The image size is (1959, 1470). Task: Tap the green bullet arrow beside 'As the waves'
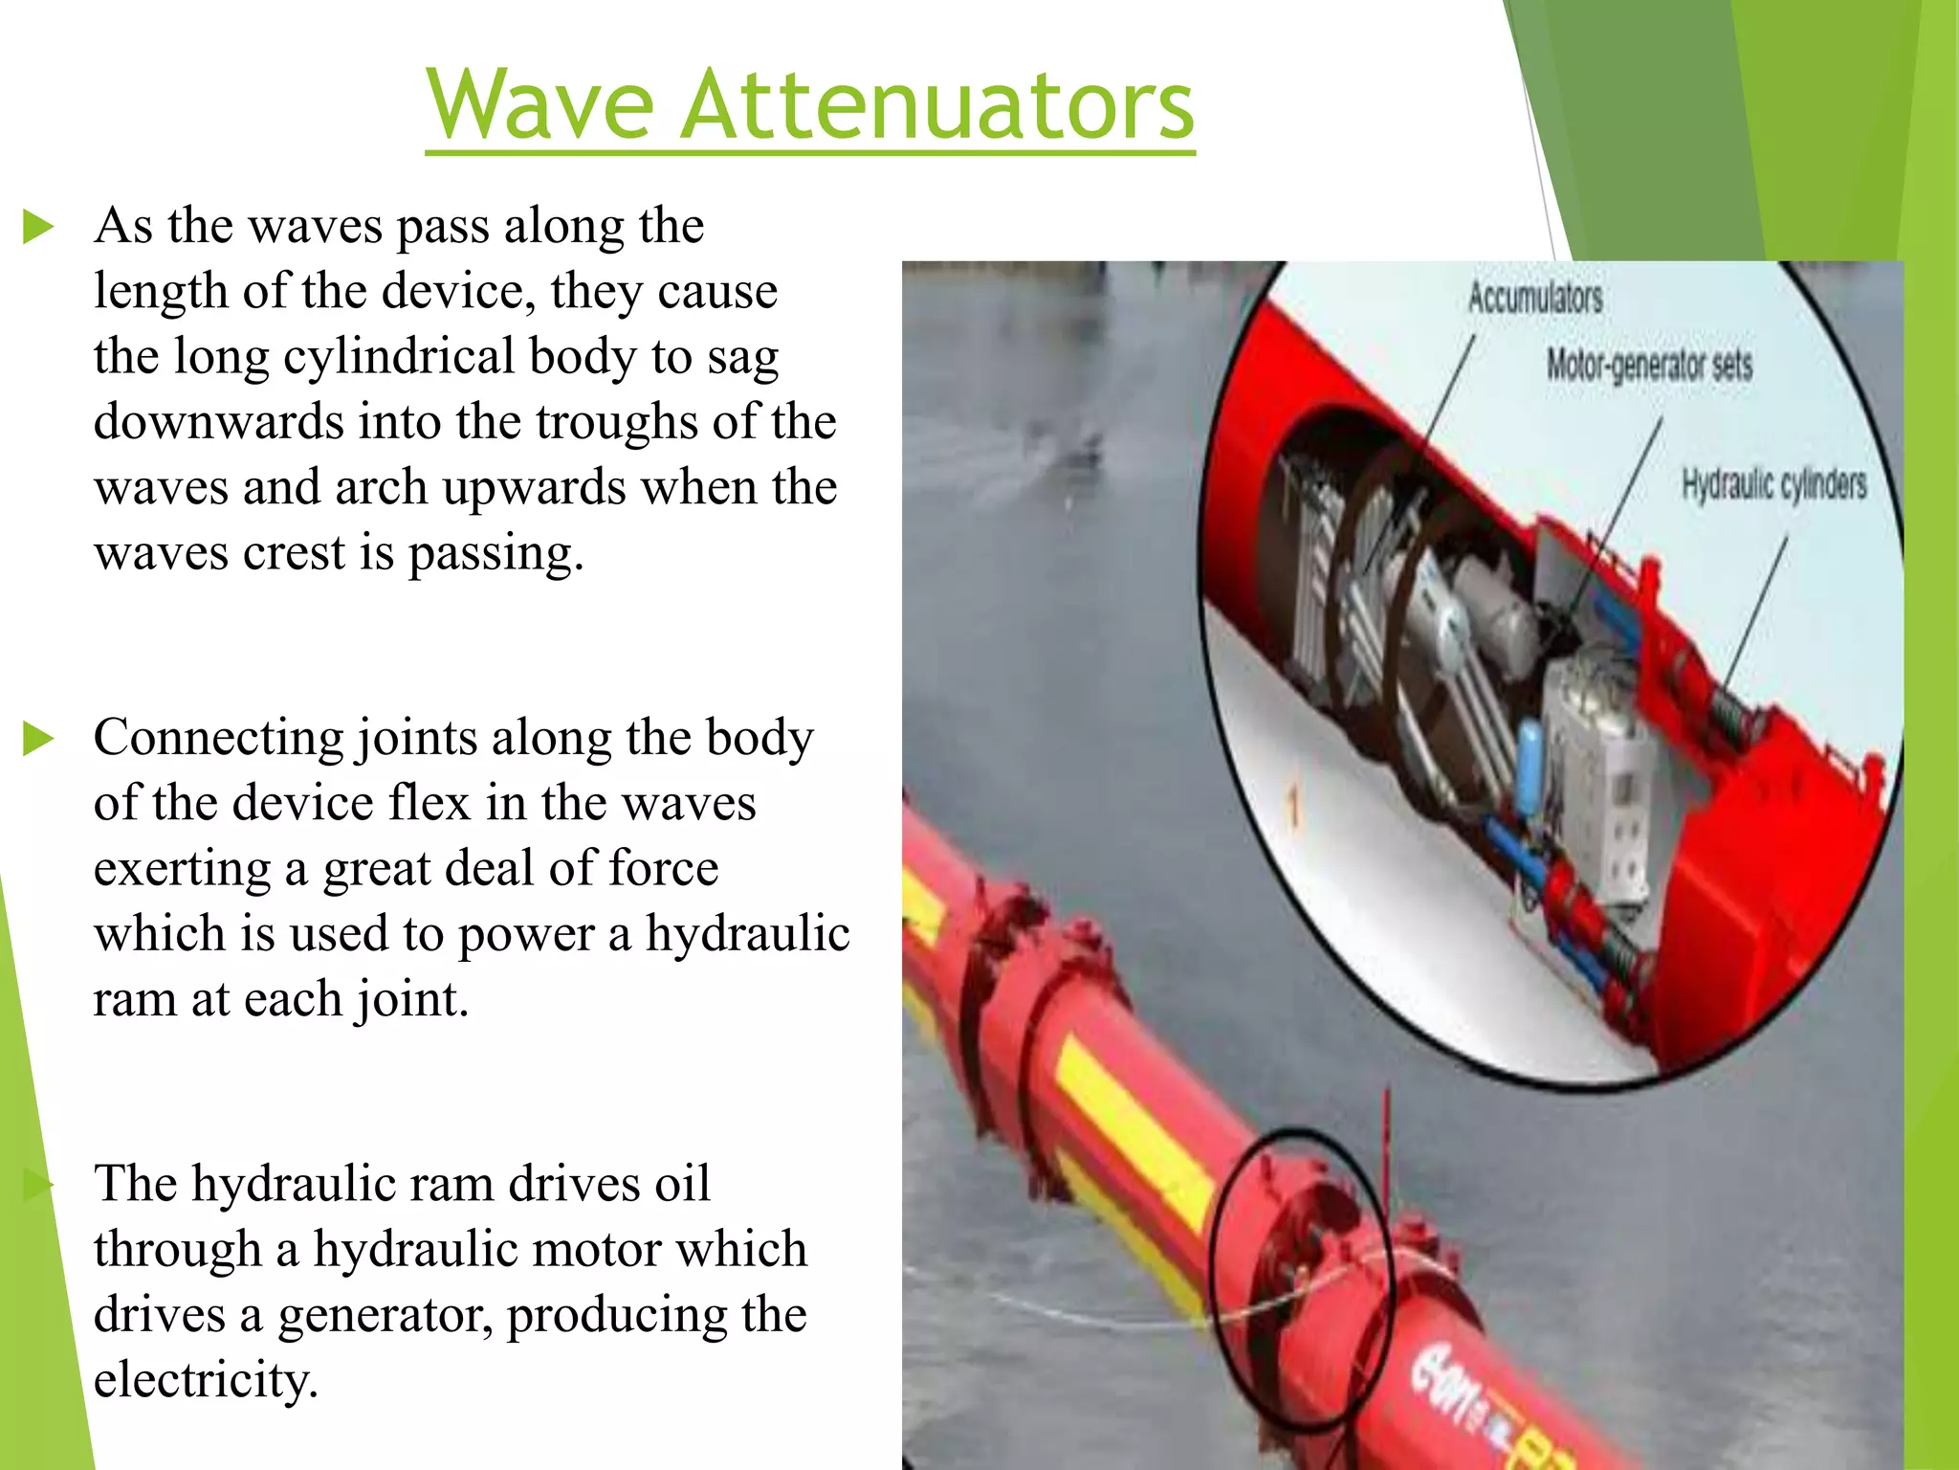tap(38, 228)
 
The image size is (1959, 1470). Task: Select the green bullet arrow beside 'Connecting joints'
tap(38, 739)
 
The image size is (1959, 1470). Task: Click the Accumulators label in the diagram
tap(1535, 298)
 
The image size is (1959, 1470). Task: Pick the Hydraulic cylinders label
tap(1774, 484)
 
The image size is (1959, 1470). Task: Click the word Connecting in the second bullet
tap(218, 739)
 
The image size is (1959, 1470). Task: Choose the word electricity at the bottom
tap(205, 1380)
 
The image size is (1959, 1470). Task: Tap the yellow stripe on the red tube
tap(1129, 1129)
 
